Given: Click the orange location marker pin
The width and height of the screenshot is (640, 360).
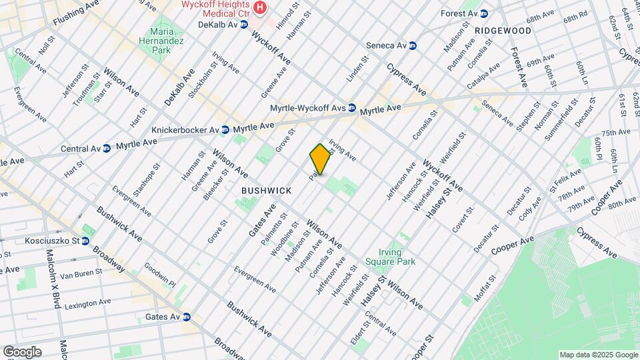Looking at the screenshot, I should point(321,159).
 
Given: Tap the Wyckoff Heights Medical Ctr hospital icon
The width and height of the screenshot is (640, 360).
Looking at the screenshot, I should point(261,9).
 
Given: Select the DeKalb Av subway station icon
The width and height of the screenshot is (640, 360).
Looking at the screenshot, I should point(244,25).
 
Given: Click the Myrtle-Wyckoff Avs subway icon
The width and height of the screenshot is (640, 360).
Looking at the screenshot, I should point(351,108).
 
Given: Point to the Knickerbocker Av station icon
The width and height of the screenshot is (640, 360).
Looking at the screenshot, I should point(225,129).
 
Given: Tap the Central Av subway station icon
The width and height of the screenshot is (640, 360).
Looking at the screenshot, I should point(106,148).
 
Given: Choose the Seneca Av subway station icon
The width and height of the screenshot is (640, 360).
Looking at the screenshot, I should point(413,46).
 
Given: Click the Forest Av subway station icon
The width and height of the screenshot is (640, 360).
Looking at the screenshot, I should point(484,13).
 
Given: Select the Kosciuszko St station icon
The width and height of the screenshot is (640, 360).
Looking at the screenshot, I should point(86,241).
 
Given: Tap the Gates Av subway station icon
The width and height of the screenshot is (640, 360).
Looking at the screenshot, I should point(187,317).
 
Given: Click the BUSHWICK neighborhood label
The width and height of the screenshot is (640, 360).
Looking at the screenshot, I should point(266,191).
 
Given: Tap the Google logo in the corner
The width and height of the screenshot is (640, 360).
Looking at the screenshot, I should point(22,352).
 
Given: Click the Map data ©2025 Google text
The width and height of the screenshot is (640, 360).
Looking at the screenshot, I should point(598,355).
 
